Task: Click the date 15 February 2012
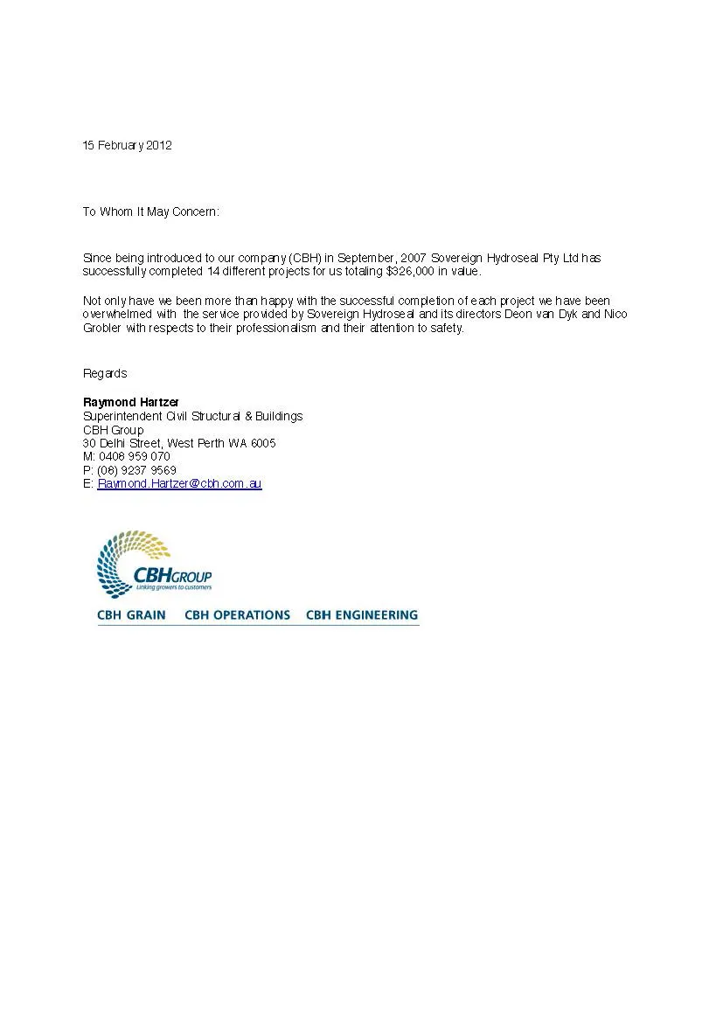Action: point(127,145)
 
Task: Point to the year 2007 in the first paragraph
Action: point(413,258)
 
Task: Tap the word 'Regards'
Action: point(105,373)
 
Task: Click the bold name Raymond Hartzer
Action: point(130,402)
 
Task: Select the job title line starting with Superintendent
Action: point(192,416)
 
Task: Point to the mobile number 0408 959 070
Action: point(135,456)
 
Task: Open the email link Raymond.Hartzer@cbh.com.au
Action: point(179,483)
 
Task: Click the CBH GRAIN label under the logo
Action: point(131,615)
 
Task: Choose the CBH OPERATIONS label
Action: point(237,615)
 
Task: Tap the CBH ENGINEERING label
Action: point(362,615)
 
